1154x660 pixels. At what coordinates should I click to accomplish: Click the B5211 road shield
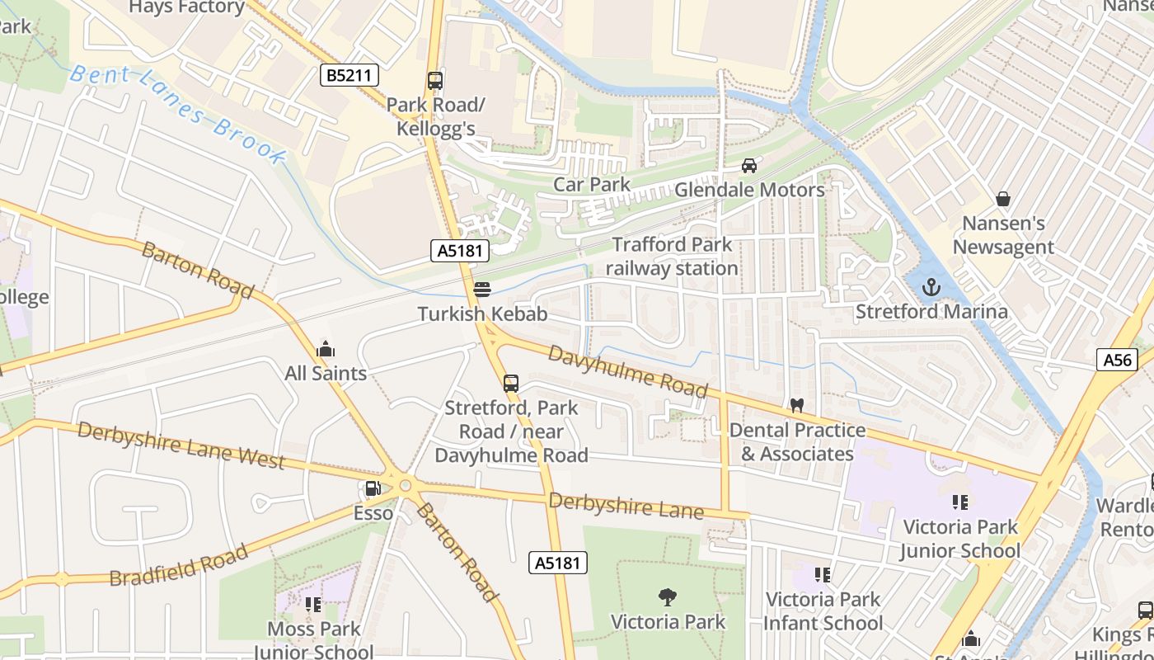click(x=349, y=76)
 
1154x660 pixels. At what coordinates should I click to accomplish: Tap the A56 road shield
click(x=1117, y=360)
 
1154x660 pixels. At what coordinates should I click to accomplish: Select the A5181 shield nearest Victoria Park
click(x=558, y=563)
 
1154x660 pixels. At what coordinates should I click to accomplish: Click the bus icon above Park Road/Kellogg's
click(x=435, y=81)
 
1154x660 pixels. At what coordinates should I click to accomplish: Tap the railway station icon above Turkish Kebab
click(x=482, y=290)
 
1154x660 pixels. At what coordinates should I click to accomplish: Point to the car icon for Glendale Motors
click(x=749, y=166)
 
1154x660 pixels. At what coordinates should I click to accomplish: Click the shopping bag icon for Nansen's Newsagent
click(x=1003, y=199)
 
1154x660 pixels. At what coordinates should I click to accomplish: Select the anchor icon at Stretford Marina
click(x=931, y=287)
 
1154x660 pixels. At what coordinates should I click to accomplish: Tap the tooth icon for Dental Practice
click(x=796, y=406)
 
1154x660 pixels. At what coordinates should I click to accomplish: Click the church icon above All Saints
click(x=326, y=349)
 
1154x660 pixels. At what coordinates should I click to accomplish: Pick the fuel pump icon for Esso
click(x=373, y=489)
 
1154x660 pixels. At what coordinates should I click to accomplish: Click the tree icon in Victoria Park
click(x=668, y=596)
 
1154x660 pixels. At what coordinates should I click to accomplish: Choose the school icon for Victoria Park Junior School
click(x=959, y=502)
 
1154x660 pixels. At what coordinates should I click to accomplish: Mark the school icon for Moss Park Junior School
click(x=312, y=605)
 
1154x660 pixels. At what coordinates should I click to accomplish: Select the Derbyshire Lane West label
click(x=181, y=445)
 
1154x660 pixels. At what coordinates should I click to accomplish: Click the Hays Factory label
click(x=187, y=7)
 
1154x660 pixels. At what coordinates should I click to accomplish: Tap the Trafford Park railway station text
click(x=672, y=257)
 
